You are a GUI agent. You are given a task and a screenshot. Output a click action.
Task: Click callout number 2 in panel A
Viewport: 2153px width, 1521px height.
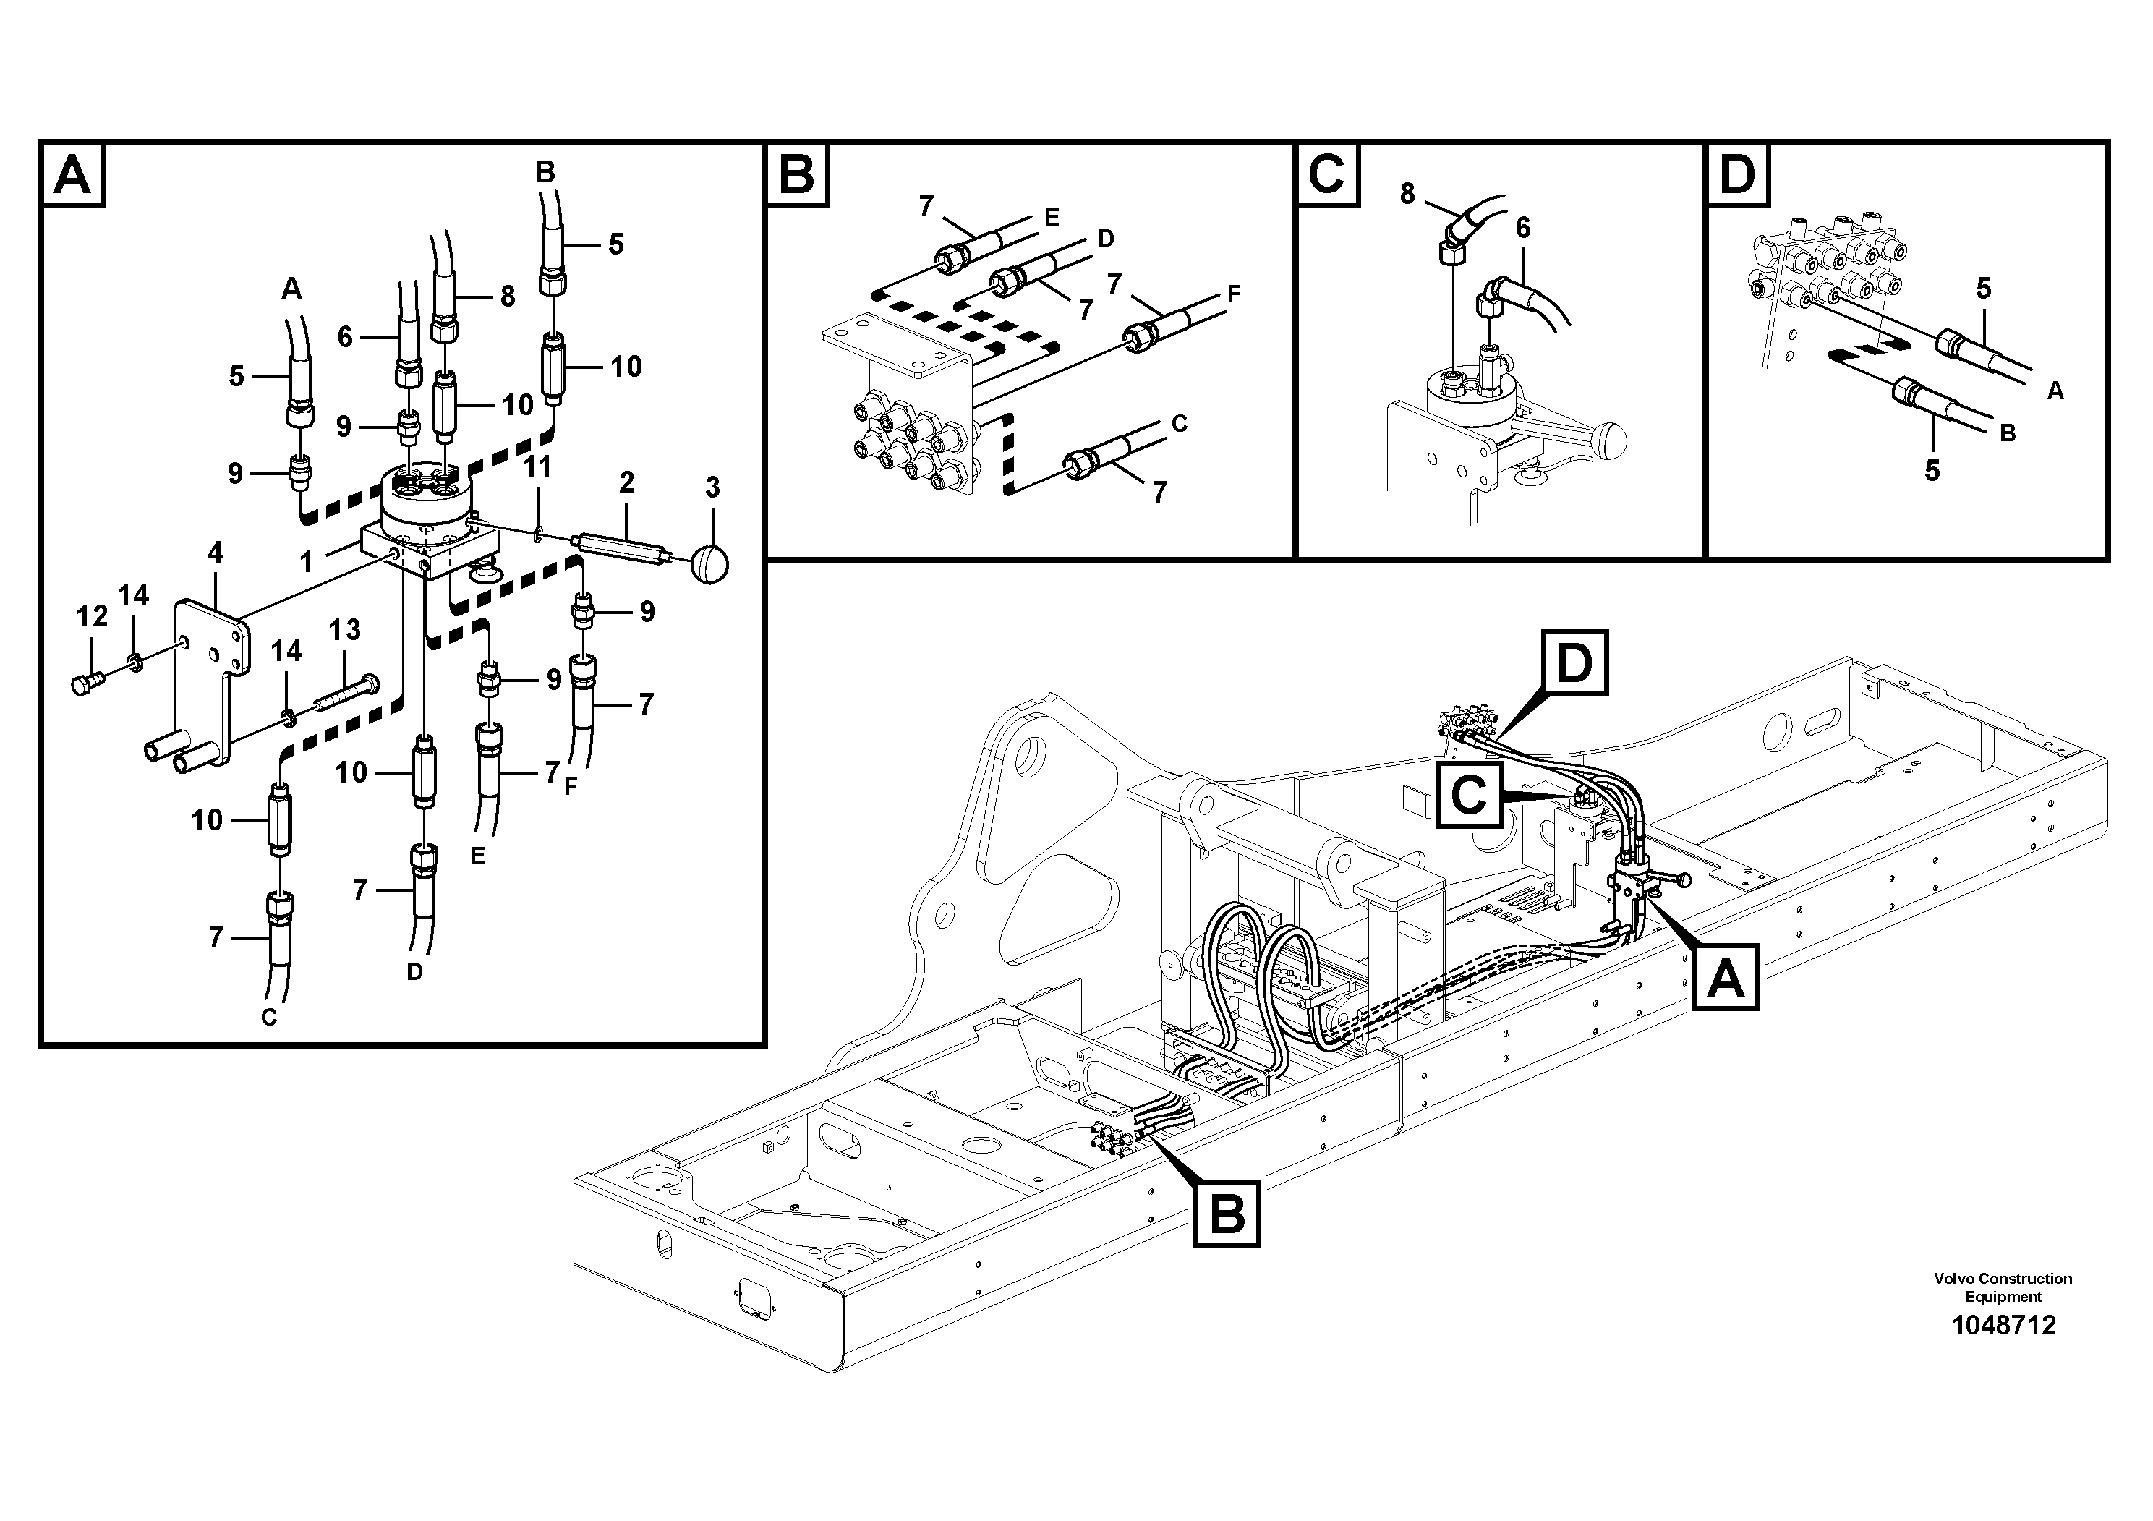click(x=626, y=483)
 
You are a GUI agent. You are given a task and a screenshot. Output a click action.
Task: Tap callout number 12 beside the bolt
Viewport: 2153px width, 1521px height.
click(x=92, y=616)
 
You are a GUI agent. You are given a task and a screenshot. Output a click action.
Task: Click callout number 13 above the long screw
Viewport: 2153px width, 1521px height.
click(x=344, y=629)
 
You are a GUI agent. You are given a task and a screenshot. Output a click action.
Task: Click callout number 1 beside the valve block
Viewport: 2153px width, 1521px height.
click(x=307, y=562)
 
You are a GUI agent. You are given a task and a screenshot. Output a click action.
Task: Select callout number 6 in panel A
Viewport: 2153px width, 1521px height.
click(x=345, y=336)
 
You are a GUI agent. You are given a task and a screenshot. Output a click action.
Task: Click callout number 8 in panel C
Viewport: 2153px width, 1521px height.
click(x=1407, y=194)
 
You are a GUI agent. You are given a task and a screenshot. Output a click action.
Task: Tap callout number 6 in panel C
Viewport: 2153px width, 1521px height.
click(x=1523, y=227)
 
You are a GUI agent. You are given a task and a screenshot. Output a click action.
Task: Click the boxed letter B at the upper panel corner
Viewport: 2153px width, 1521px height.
click(x=796, y=175)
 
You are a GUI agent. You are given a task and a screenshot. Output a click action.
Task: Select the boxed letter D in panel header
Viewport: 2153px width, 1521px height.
click(x=1738, y=175)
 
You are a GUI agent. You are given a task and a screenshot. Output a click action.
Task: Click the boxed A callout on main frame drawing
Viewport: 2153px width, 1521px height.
click(x=1726, y=980)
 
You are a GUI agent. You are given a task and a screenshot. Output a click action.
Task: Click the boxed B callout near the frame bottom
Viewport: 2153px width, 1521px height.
click(x=1227, y=1215)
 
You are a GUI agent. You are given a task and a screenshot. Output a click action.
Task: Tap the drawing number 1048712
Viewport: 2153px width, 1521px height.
click(x=2003, y=1325)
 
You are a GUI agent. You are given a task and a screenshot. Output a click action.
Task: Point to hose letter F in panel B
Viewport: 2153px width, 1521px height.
click(x=1234, y=294)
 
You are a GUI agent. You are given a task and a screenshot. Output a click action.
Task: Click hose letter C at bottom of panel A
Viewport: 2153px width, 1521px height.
click(x=269, y=1018)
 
